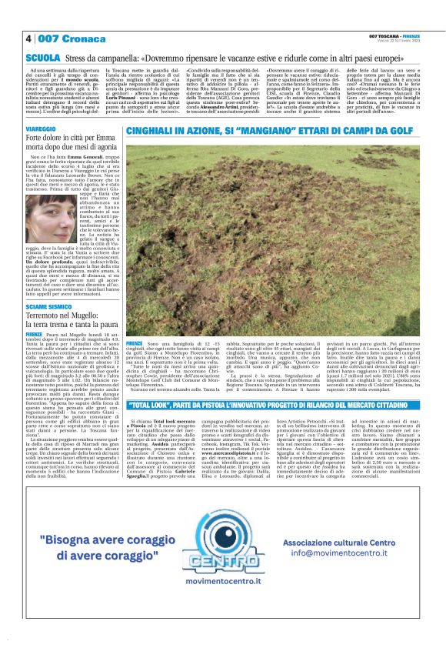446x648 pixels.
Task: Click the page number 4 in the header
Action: pos(28,38)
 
